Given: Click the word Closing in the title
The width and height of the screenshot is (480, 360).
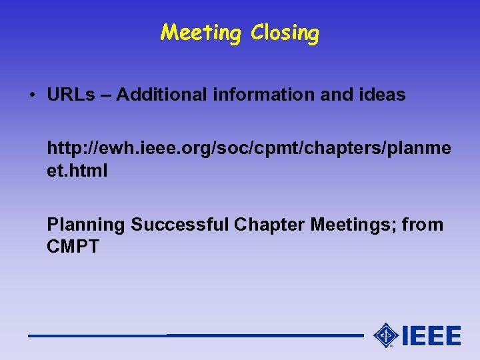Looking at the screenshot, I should [285, 33].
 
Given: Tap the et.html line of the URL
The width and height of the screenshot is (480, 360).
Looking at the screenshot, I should [77, 171].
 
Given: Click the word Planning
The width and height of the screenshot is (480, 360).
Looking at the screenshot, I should [86, 225].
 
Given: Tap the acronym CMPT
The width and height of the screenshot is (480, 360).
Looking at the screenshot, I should [73, 247].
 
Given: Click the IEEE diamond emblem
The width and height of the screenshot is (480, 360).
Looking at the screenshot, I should [385, 335].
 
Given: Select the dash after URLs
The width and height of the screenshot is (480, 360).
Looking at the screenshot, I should [107, 95].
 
